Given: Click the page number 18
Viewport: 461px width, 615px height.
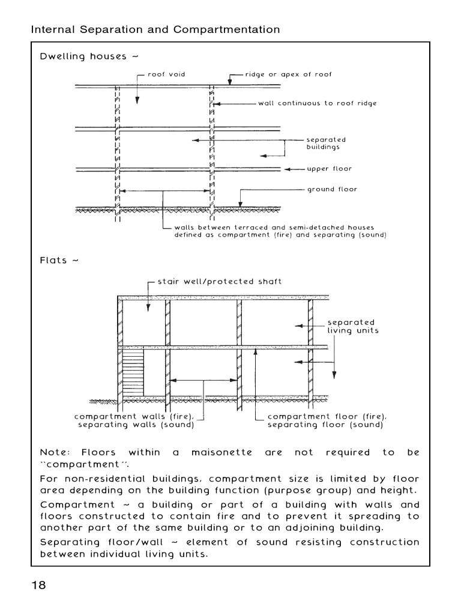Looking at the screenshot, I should tap(38, 586).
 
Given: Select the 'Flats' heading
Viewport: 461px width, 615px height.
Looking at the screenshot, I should tap(53, 261).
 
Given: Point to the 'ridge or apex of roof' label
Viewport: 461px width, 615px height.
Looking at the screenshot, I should tap(288, 74).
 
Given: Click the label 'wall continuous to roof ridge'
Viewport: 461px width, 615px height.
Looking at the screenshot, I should tap(318, 103).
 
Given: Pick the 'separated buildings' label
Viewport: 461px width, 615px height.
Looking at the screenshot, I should tap(327, 143).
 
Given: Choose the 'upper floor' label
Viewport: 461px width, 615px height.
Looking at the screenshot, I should tap(330, 169).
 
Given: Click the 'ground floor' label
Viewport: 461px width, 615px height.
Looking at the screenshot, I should tap(332, 189).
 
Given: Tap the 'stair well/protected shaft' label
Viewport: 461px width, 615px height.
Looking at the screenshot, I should tap(219, 281).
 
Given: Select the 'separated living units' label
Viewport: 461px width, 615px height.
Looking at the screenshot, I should tap(352, 327).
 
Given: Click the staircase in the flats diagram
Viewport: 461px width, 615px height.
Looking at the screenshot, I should tap(133, 373).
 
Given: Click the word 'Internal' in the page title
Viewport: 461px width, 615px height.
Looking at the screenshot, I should tap(52, 29).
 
